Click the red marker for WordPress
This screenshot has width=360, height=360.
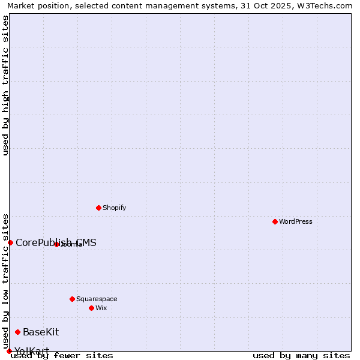275,221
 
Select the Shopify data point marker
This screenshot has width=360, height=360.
98,208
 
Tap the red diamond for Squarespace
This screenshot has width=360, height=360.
72,299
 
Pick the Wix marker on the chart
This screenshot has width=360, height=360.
91,308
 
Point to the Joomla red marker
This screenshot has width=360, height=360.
56,244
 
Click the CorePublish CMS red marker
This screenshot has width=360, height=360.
10,242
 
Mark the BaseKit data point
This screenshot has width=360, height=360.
17,332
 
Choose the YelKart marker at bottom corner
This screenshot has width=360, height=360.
9,351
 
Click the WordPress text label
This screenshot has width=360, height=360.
296,221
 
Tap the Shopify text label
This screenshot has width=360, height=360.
114,208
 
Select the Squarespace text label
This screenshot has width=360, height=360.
97,299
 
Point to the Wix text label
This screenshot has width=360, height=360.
101,308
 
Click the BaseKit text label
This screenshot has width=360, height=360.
41,332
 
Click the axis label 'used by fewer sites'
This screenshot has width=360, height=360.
62,355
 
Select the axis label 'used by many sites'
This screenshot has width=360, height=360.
301,355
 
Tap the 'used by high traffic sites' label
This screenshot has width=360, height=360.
5,85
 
